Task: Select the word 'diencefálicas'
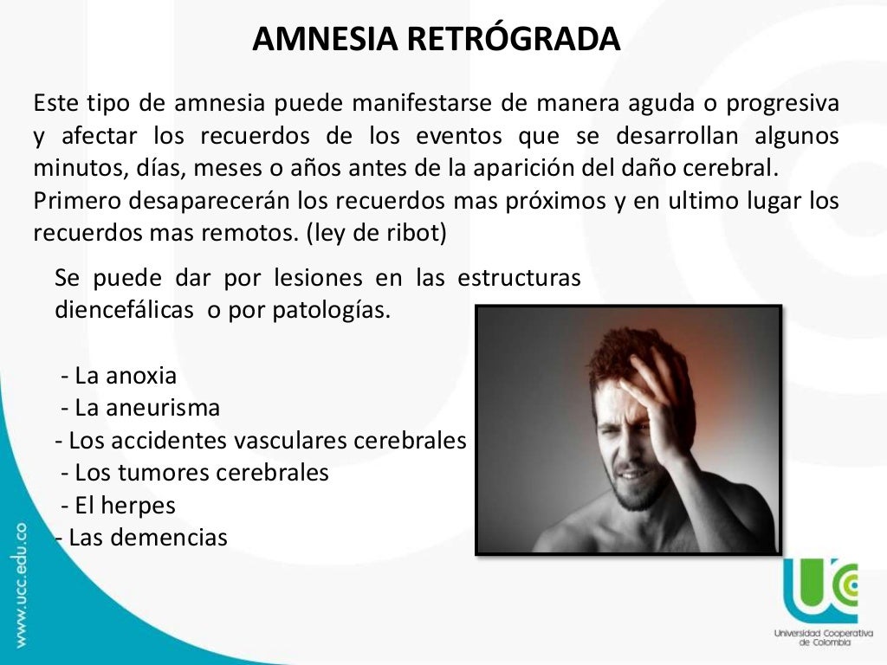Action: point(124,310)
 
